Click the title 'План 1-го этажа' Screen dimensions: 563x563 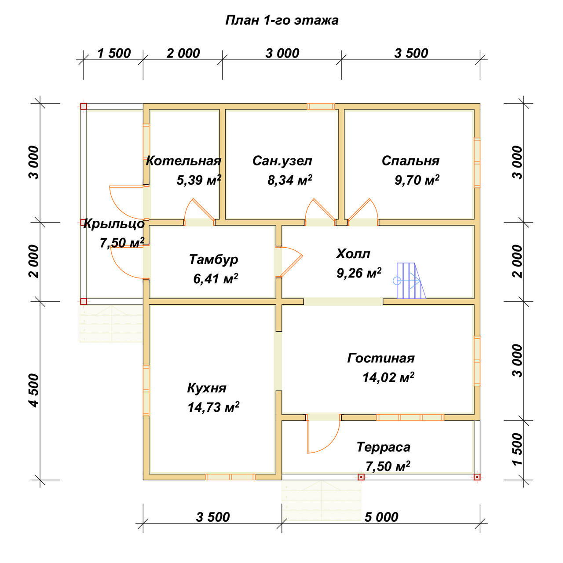pyautogui.click(x=281, y=20)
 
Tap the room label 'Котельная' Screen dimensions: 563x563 pyautogui.click(x=183, y=161)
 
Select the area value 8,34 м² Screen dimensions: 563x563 pyautogui.click(x=289, y=180)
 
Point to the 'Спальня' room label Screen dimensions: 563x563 pyautogui.click(x=410, y=161)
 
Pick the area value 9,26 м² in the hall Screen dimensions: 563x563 pyautogui.click(x=359, y=273)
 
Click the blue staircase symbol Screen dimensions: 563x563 pyautogui.click(x=409, y=281)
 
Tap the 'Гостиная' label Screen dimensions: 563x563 pyautogui.click(x=381, y=358)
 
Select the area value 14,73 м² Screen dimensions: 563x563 pyautogui.click(x=213, y=407)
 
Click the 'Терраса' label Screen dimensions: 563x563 pyautogui.click(x=383, y=447)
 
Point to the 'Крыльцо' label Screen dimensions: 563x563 pyautogui.click(x=114, y=224)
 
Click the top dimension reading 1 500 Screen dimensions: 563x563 pyautogui.click(x=113, y=53)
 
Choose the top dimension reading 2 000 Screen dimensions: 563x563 pyautogui.click(x=183, y=53)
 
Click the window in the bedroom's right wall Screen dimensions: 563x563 pyautogui.click(x=476, y=163)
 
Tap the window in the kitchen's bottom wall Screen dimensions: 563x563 pyautogui.click(x=230, y=477)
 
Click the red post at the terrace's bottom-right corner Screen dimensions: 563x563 pyautogui.click(x=477, y=477)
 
